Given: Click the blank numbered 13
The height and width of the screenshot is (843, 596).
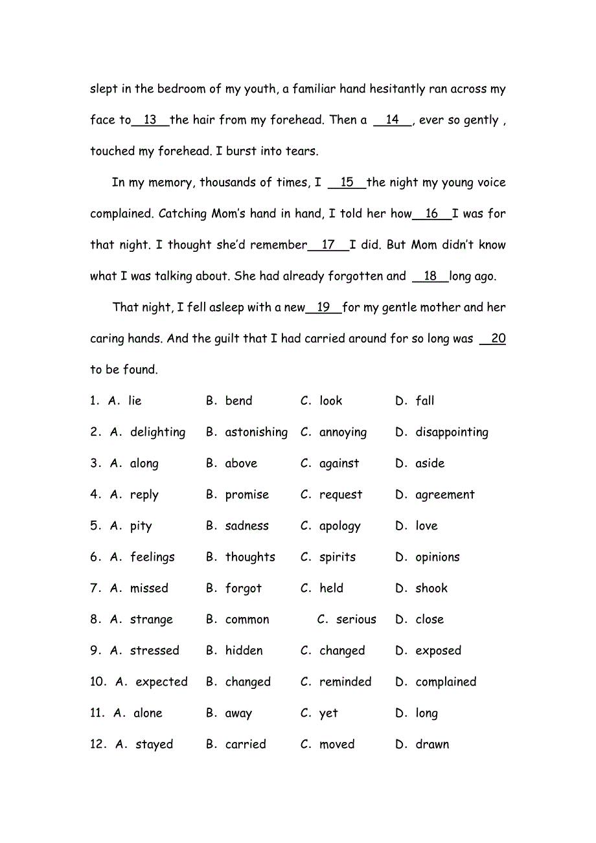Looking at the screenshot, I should tap(150, 120).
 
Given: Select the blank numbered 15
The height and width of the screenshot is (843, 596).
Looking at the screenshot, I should tap(347, 183).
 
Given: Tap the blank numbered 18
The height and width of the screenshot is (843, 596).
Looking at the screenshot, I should tap(430, 276).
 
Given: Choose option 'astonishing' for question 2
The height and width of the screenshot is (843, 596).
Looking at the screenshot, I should tap(256, 433).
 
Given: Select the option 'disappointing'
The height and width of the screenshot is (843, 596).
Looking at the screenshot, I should tap(452, 433).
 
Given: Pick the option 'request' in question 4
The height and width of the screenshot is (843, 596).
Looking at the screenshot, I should tap(341, 495).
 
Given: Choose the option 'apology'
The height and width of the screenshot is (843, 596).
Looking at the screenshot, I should tap(339, 526).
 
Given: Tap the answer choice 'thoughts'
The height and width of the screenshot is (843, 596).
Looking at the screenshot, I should tap(250, 557).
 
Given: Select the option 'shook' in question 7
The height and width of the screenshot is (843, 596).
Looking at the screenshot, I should tap(431, 589).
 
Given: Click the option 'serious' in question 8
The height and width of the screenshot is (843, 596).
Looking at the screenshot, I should tap(356, 620).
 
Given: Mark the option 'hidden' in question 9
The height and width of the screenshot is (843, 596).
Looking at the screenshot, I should tap(244, 651).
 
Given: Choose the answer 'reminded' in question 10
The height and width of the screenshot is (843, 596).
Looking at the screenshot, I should tap(345, 682).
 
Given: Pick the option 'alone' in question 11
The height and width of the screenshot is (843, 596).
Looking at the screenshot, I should tap(148, 714).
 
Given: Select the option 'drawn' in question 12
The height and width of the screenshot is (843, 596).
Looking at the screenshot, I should tap(432, 745).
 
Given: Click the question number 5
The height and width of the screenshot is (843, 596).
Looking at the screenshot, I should tap(95, 526).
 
